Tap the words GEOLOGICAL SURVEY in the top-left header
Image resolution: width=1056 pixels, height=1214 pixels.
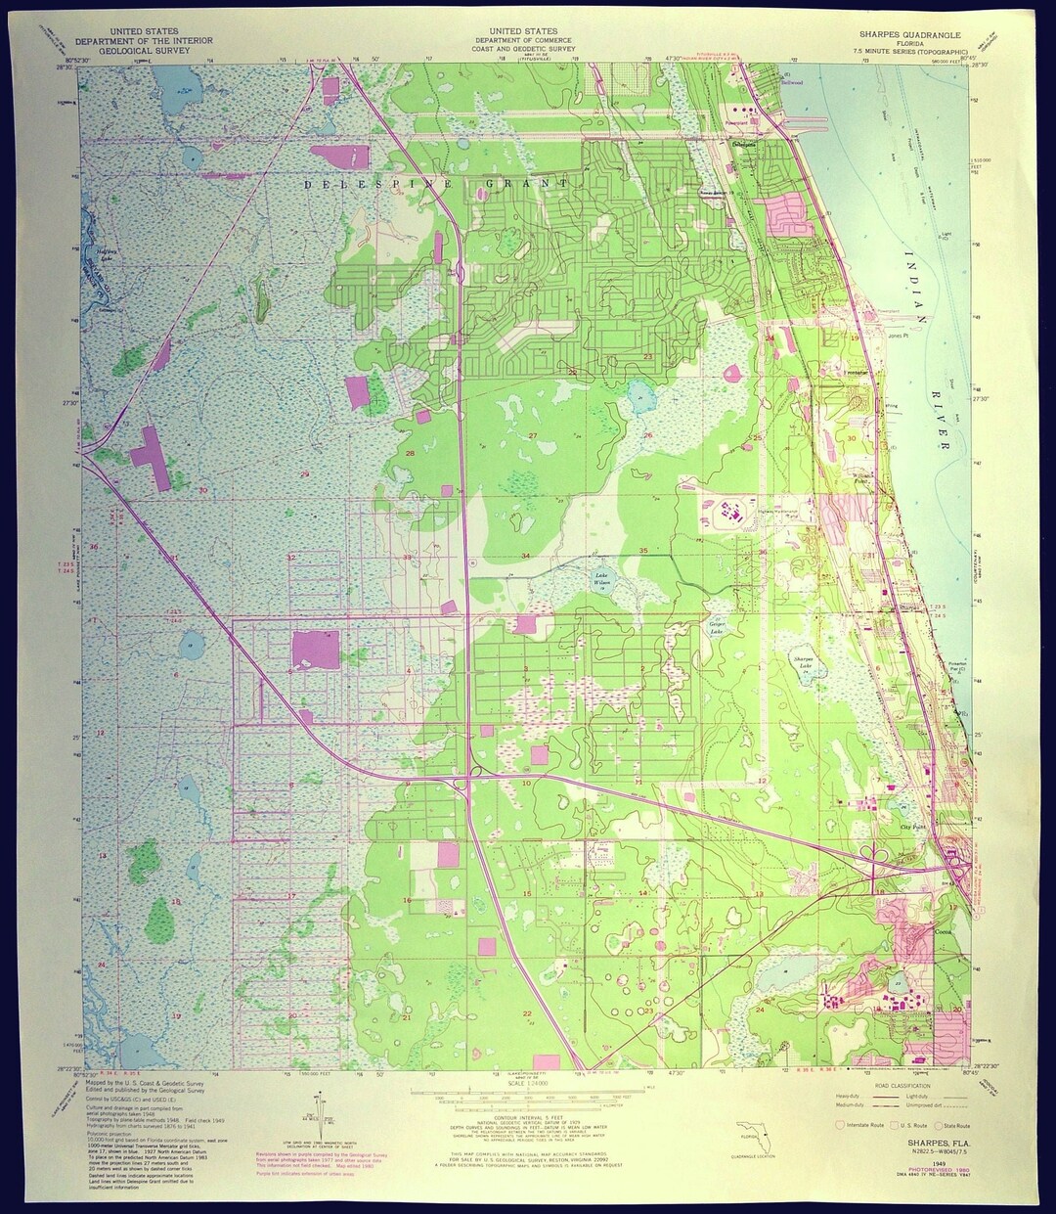coord(150,48)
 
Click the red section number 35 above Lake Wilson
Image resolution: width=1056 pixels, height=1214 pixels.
coord(643,552)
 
